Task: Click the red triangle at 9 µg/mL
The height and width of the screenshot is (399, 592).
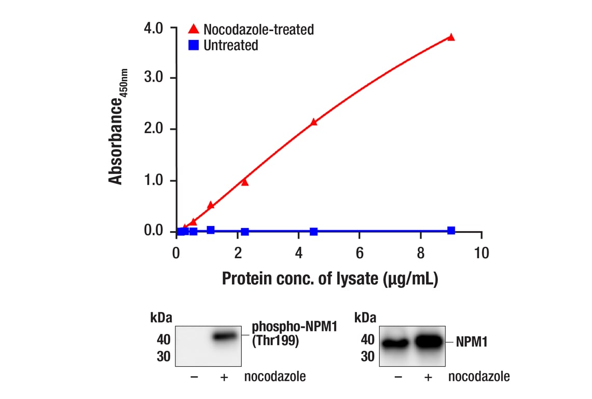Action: [x=451, y=37]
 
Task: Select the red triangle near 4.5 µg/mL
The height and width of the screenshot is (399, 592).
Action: [x=313, y=122]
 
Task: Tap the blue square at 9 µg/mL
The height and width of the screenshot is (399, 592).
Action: [x=451, y=230]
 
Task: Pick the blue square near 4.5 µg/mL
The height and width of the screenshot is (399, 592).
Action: [x=313, y=231]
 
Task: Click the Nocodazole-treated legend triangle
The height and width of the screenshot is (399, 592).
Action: [x=194, y=29]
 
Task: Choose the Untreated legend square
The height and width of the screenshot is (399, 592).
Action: [x=194, y=45]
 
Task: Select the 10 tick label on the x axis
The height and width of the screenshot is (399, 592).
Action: [x=481, y=253]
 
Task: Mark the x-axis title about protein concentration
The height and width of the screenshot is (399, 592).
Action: [x=331, y=279]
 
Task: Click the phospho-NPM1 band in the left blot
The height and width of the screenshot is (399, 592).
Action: [x=224, y=337]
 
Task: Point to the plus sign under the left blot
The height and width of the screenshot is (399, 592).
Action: [x=224, y=377]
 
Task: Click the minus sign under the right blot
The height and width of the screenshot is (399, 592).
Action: [x=398, y=377]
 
